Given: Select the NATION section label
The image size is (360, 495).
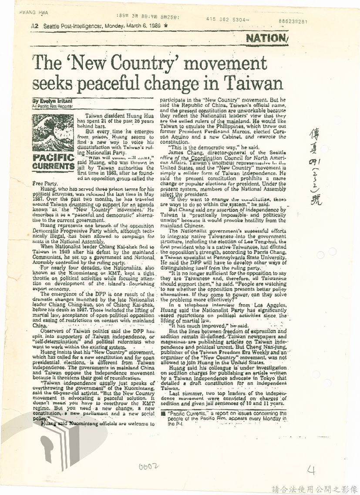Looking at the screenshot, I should pos(267,38).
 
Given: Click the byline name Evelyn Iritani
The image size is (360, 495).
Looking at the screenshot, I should pos(50,100).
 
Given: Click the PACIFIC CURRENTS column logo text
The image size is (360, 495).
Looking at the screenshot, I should pos(53,161).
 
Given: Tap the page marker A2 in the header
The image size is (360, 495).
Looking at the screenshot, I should pos(35,26).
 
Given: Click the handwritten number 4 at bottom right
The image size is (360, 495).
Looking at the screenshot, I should pos(311,470).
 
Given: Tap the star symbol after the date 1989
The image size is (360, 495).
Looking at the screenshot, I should pos(165,26).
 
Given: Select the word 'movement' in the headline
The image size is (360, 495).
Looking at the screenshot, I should pos(228,63).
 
